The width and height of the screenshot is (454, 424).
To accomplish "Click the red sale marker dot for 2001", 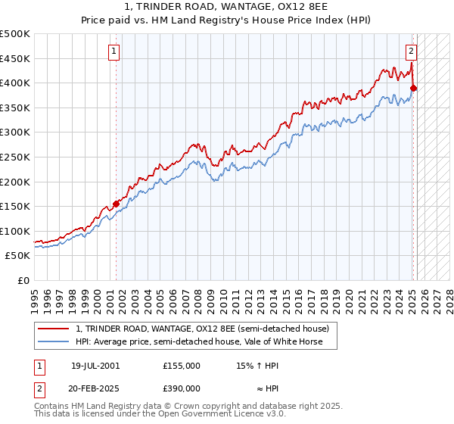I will pos(117,203).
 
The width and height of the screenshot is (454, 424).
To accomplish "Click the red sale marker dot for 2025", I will pos(414,88).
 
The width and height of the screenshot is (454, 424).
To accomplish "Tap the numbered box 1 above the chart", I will pos(113,51).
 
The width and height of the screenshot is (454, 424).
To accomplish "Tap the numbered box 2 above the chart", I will pos(411,51).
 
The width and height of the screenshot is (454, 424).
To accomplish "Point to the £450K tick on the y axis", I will pos(16,58).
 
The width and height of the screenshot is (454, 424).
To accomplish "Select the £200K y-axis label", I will pos(16,182).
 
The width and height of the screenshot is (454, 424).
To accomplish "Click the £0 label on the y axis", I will pos(23,280).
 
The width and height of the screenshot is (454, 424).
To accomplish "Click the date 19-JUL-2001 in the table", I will pos(95,366).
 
